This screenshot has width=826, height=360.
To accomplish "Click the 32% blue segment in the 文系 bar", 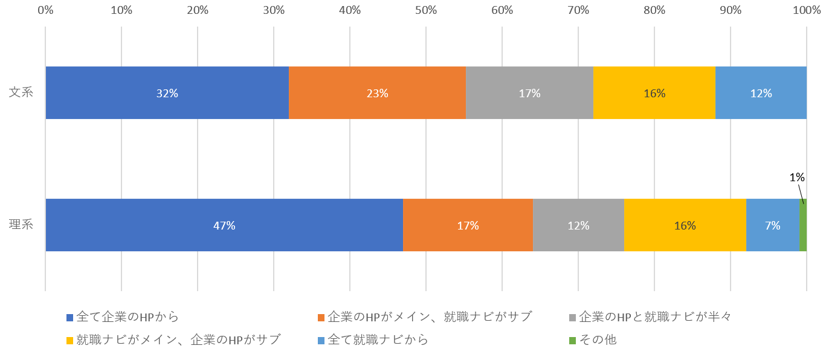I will tap(167, 93).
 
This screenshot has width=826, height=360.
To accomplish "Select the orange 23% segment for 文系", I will tap(377, 93).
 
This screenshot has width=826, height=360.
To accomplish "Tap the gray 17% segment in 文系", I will tap(529, 93).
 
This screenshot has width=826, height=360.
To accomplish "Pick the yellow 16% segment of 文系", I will tap(654, 93).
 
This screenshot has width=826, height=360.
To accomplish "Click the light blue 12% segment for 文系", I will tap(761, 93).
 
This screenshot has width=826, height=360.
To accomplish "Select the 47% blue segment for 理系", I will tap(224, 225).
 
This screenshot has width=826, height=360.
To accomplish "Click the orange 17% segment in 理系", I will tap(468, 225).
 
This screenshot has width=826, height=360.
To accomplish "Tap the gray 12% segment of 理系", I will tap(578, 225).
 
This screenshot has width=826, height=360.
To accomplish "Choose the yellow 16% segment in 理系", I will tap(685, 225).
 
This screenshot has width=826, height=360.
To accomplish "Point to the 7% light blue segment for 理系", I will tap(772, 225).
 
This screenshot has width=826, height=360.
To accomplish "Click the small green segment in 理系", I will tap(803, 225).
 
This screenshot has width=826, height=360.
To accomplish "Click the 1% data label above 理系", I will tap(796, 177).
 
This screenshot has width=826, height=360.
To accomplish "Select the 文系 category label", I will tap(21, 93).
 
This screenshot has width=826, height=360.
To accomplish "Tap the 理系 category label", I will tap(21, 225).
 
